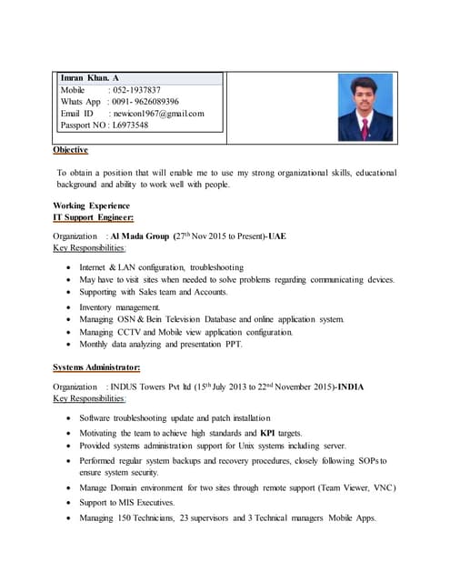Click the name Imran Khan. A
click(x=89, y=79)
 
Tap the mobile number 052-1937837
click(x=137, y=90)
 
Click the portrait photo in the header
click(x=365, y=108)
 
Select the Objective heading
click(x=70, y=149)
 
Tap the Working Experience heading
click(x=91, y=206)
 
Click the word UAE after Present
click(x=276, y=236)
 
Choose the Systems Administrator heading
click(x=96, y=367)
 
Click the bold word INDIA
click(x=350, y=387)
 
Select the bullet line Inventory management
click(x=119, y=307)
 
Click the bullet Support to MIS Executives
click(x=126, y=502)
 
